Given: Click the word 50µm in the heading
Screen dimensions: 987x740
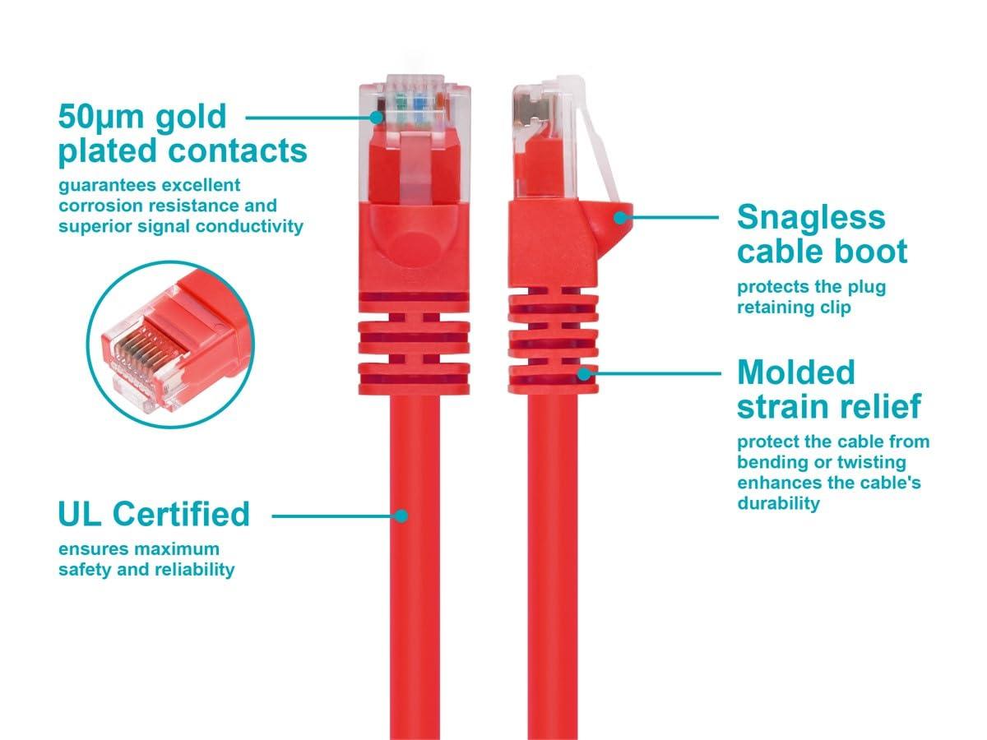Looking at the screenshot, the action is point(100,117).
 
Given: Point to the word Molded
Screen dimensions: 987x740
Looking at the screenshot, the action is point(796,372).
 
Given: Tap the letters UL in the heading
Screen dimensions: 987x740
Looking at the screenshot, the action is point(80,514).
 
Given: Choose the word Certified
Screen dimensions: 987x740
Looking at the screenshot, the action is point(181,514).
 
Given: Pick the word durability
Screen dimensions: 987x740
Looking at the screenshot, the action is point(778,504).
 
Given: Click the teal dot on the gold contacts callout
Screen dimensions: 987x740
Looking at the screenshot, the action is point(376,118).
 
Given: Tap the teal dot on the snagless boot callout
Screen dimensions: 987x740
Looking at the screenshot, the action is point(620,218).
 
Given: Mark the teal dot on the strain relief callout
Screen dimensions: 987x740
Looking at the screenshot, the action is point(584,373).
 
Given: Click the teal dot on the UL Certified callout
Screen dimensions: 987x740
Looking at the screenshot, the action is point(401,516).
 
